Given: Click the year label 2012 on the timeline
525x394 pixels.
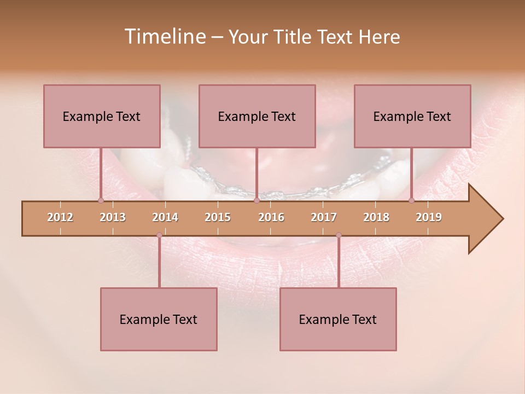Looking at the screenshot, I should (60, 217).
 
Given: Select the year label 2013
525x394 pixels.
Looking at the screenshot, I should (113, 217).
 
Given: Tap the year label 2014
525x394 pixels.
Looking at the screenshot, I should (165, 217).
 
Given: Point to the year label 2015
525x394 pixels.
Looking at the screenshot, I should (218, 217).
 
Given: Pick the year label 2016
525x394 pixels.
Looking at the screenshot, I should (271, 217).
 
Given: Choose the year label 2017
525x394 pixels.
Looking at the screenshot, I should (324, 217).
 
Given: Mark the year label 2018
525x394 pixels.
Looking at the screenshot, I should (376, 217).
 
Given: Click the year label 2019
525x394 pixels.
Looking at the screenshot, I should (429, 217).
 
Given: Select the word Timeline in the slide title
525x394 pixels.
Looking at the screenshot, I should (164, 37).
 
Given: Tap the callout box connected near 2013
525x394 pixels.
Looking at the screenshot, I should (102, 116).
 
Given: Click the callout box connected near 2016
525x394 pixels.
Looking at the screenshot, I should (257, 116).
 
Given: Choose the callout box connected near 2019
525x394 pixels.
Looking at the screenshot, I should (412, 116).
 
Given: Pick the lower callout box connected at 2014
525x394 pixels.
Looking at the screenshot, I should (159, 319).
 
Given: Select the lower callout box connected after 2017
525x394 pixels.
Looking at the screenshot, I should (338, 319).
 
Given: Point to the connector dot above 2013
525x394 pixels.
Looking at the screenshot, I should (101, 200).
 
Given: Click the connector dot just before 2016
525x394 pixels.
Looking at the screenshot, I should (256, 200).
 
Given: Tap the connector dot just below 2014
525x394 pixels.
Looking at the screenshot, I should (159, 235).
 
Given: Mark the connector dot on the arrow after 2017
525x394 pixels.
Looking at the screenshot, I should (339, 235).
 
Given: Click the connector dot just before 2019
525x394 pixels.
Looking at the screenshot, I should (411, 200).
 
